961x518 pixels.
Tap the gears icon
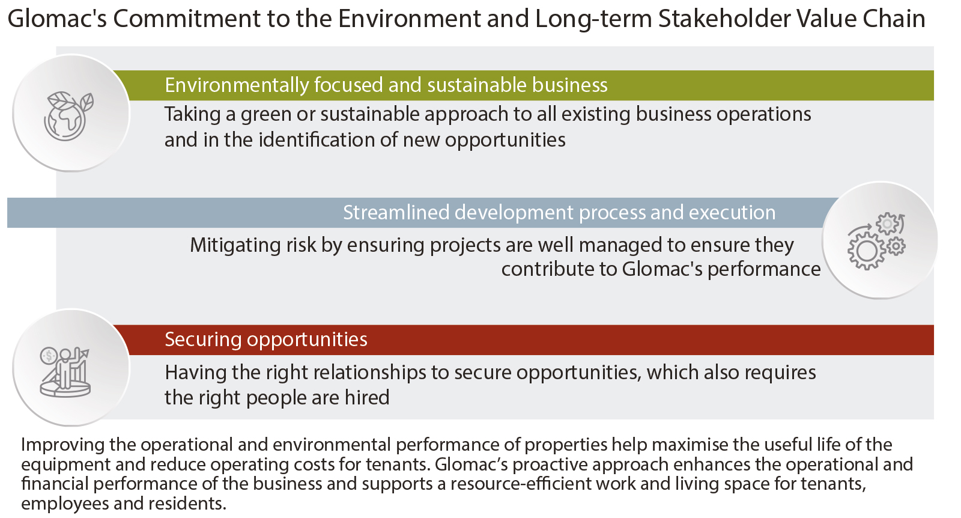click(876, 241)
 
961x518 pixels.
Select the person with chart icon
click(65, 372)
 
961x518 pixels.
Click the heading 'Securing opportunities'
click(266, 340)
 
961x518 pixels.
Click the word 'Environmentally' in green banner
click(237, 85)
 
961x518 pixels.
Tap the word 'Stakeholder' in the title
click(724, 19)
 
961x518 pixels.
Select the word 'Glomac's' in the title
click(57, 19)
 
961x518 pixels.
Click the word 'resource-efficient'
click(521, 484)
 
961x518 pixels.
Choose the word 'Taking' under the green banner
click(192, 115)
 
